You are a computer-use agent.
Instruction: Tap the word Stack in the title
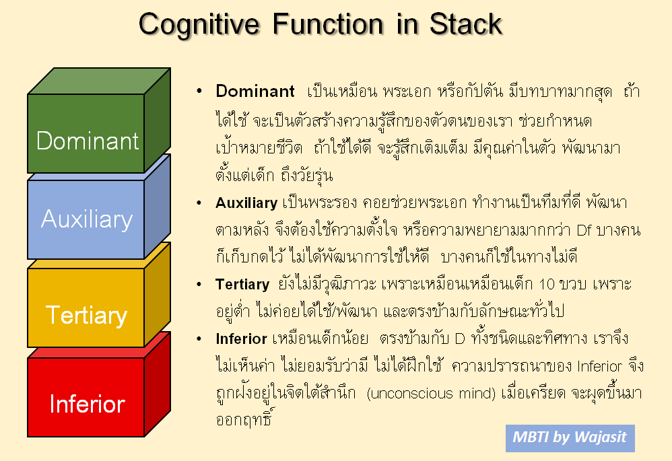pos(466,24)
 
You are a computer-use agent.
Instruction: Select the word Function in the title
pos(328,24)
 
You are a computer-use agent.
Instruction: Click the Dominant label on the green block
pos(88,141)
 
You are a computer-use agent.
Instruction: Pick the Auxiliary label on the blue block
pos(87,219)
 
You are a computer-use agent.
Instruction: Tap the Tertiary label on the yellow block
pos(87,316)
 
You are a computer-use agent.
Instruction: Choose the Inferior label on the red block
pos(87,404)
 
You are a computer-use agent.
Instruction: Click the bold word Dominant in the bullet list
pos(255,91)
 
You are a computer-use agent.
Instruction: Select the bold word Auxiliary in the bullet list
pos(246,203)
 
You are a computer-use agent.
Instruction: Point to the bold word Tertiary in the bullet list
pos(242,284)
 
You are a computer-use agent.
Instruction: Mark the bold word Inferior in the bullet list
pos(241,339)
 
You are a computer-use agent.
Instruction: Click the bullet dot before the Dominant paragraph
pos(199,91)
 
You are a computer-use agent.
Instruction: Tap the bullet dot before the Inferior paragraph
pos(199,339)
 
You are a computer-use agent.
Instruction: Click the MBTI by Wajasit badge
pos(570,438)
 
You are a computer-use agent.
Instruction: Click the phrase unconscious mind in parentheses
pos(431,393)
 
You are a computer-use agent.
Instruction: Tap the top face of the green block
pos(99,81)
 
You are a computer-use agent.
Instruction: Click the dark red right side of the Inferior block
pos(158,384)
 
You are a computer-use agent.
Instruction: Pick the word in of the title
pos(406,24)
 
